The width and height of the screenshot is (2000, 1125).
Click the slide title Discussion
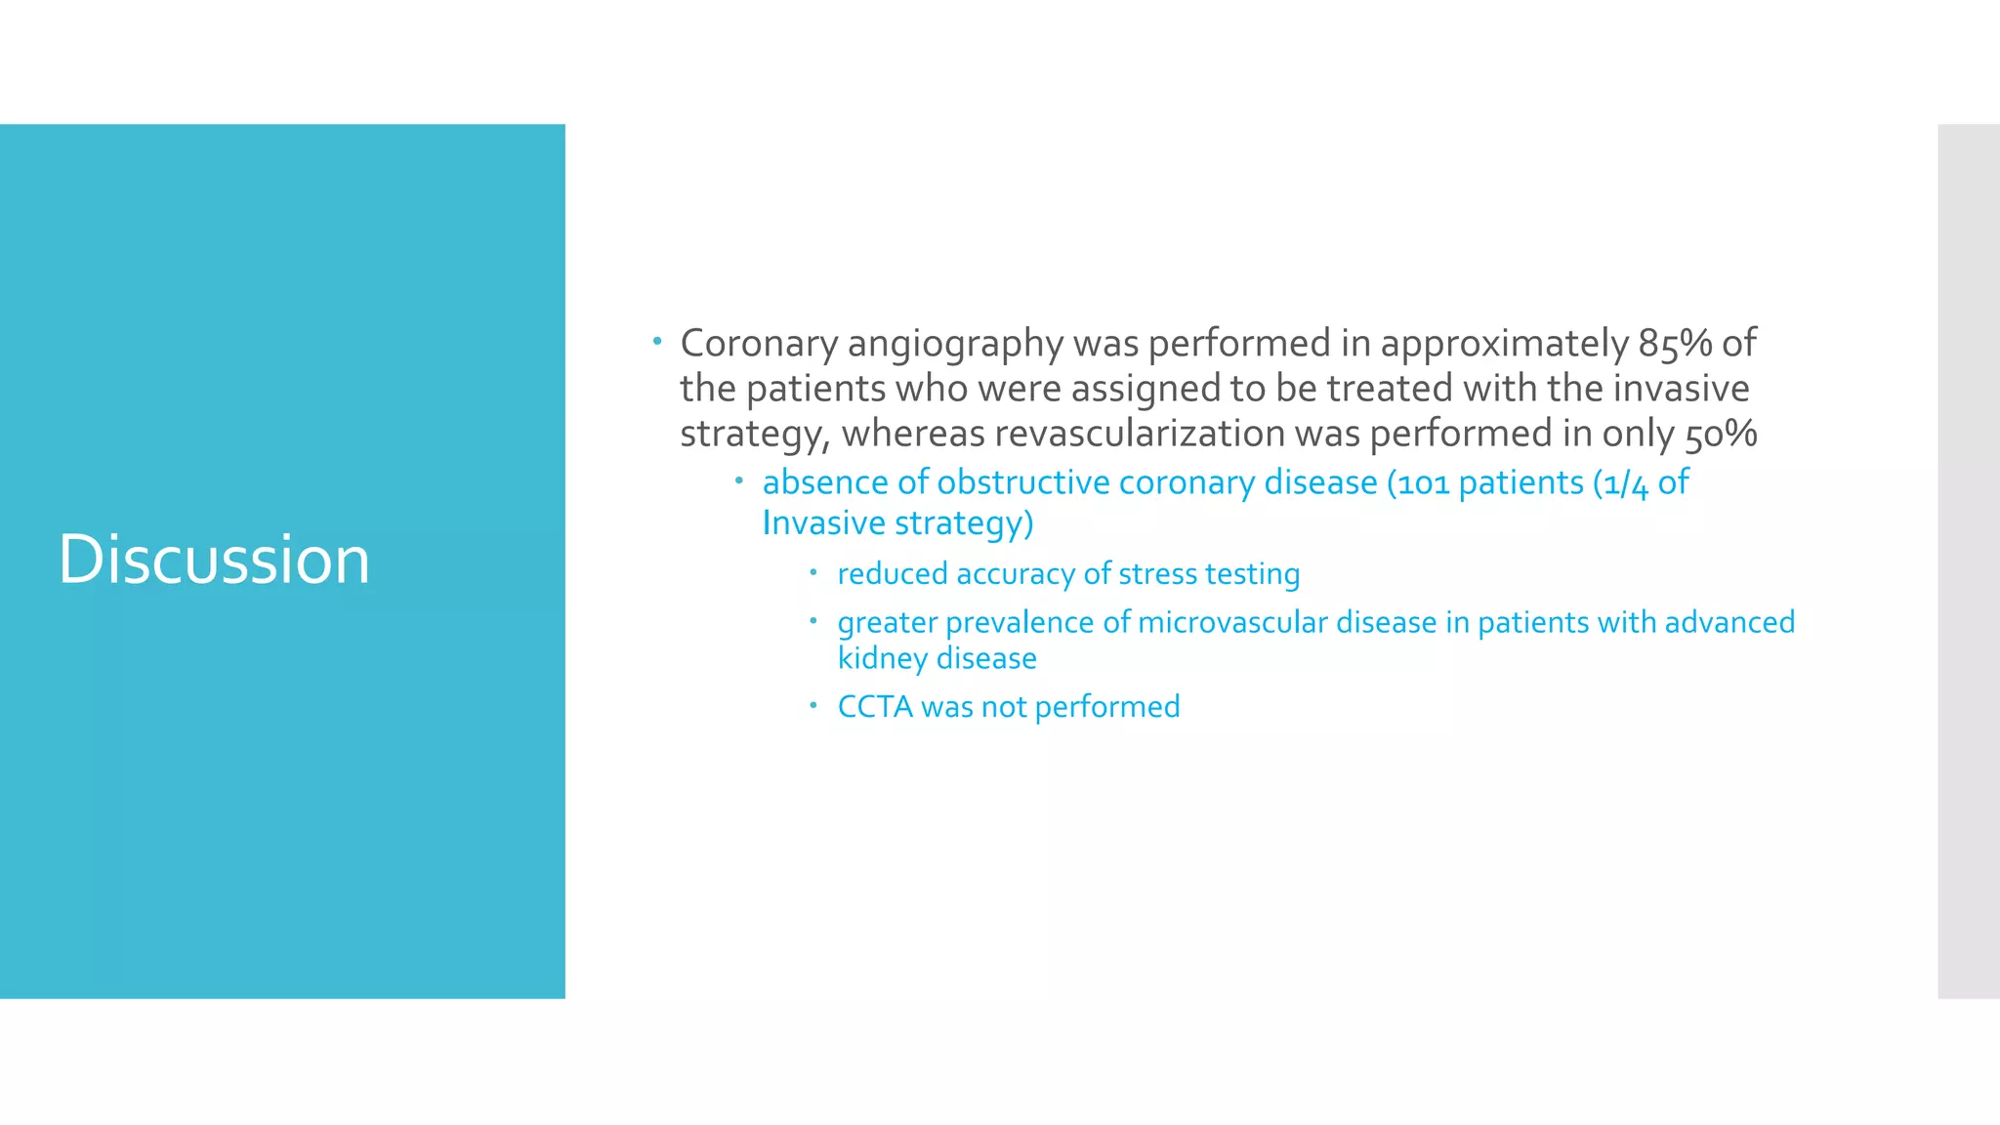point(214,560)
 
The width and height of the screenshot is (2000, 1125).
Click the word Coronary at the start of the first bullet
point(759,344)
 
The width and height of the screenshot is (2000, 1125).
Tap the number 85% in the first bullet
point(1675,344)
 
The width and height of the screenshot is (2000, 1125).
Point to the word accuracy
point(1016,574)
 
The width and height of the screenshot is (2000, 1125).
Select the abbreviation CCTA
point(875,707)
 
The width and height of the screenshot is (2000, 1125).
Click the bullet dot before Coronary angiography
point(658,342)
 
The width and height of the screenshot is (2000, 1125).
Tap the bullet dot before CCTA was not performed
point(812,704)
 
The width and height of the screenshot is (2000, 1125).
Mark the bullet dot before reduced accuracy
point(812,571)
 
